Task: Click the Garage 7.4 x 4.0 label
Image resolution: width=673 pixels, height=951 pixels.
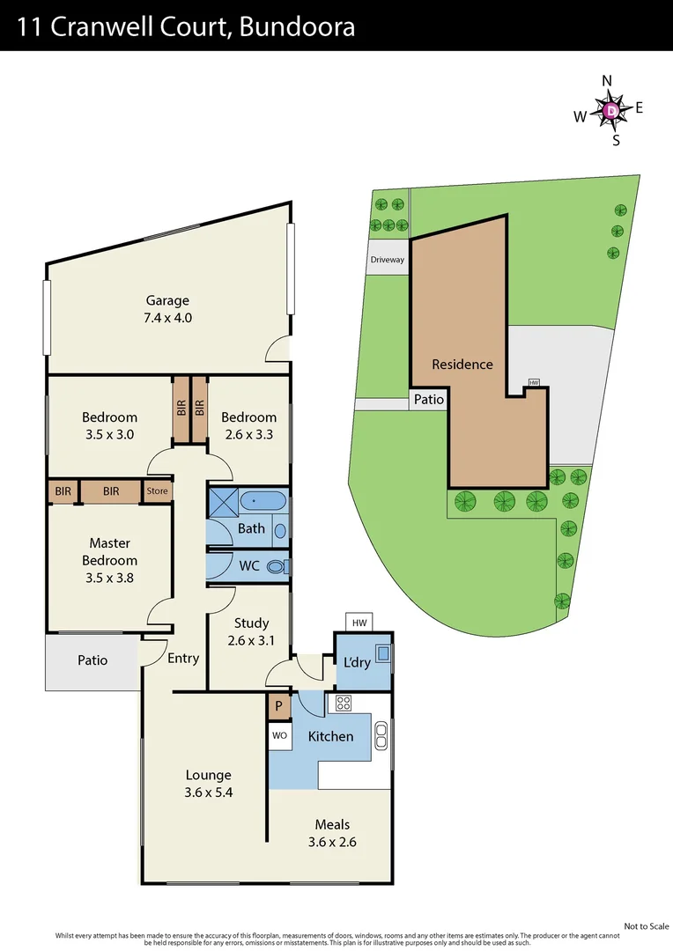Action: tap(167, 309)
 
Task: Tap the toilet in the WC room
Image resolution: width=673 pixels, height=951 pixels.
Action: tap(277, 566)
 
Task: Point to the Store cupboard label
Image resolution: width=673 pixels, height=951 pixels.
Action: tap(157, 491)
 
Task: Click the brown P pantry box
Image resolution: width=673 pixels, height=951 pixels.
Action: tap(279, 707)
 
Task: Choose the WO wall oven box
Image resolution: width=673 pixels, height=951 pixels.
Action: tap(279, 734)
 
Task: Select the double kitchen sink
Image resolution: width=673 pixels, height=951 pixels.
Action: tap(381, 735)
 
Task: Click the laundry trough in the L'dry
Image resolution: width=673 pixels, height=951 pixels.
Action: tap(383, 653)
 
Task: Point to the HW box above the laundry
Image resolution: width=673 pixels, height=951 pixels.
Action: tap(359, 623)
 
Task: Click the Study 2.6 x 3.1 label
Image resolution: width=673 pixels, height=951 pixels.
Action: tap(251, 631)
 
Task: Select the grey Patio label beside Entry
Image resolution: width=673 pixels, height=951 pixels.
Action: tap(92, 660)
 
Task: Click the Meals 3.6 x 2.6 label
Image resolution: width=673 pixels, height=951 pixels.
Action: tap(332, 833)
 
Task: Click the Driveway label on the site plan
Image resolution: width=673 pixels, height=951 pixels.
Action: tap(388, 260)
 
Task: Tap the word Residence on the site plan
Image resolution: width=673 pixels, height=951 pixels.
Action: tap(462, 364)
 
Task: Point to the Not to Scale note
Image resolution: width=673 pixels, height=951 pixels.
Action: tap(647, 925)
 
